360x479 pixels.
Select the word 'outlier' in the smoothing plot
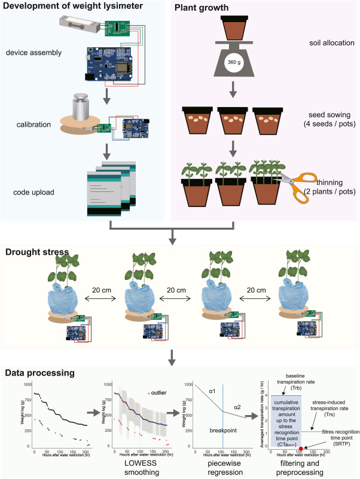click(x=158, y=393)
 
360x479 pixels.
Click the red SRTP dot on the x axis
click(x=301, y=448)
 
